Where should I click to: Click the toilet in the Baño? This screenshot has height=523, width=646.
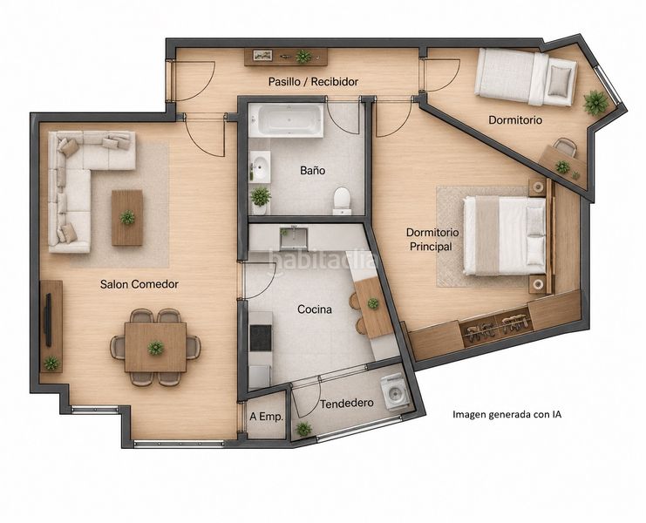click(x=342, y=200)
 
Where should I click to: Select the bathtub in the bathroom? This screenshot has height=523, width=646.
click(x=285, y=119)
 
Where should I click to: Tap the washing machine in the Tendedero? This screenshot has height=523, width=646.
click(x=395, y=393)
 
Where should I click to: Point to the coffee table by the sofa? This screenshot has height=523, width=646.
click(x=127, y=217)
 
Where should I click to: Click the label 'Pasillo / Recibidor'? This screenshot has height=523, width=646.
click(x=313, y=82)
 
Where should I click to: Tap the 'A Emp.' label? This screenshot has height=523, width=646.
click(x=266, y=417)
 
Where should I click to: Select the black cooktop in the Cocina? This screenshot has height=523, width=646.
click(x=261, y=337)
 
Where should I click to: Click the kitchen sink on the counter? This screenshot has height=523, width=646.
click(x=293, y=238)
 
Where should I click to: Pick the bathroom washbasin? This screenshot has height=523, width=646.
click(x=260, y=166)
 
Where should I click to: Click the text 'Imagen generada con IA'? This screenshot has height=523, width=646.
click(x=507, y=414)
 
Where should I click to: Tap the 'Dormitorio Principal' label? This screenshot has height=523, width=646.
click(x=432, y=239)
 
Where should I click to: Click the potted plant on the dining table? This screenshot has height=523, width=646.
click(x=155, y=348)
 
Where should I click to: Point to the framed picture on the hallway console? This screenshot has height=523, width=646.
click(x=262, y=55)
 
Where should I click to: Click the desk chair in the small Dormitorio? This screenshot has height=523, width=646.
click(x=565, y=146)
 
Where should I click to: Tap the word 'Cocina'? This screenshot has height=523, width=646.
click(x=315, y=309)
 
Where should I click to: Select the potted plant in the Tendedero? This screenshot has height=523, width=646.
click(x=303, y=429)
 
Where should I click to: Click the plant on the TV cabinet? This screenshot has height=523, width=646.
click(x=51, y=363)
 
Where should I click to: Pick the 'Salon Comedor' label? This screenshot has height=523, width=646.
click(x=139, y=284)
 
